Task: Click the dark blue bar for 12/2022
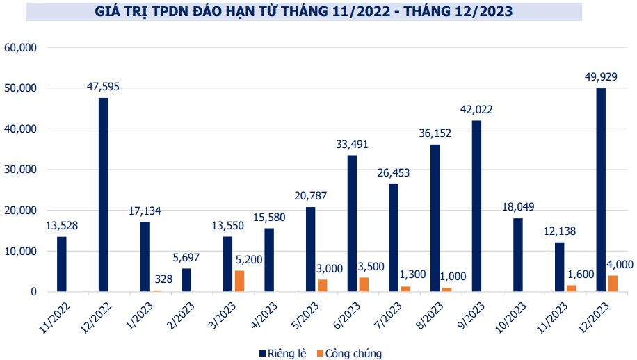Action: pos(104,195)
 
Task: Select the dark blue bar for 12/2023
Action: pos(601,190)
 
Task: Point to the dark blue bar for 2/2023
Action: pos(186,280)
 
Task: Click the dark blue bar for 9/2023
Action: pos(476,206)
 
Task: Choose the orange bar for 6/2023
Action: pos(364,284)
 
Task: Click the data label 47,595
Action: pos(104,88)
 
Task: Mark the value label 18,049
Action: pos(518,207)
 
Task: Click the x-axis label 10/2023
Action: pos(510,316)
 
